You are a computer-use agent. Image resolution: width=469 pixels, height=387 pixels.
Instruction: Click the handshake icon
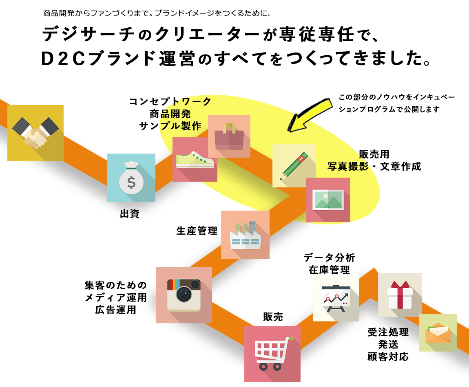tap(35, 133)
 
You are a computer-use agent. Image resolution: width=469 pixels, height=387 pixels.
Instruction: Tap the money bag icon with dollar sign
tap(131, 178)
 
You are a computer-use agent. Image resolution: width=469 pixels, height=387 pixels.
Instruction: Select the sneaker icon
tap(195, 159)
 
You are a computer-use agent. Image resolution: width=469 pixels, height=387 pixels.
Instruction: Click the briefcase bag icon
tap(229, 136)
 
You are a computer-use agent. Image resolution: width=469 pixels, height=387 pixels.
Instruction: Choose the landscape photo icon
tap(328, 200)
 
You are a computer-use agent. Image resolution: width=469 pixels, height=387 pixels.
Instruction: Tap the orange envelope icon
tap(438, 333)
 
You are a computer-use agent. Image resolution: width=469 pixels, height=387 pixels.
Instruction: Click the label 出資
tap(130, 213)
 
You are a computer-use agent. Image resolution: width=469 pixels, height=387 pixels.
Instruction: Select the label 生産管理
tap(197, 231)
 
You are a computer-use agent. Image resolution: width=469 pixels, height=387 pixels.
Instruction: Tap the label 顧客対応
tap(387, 357)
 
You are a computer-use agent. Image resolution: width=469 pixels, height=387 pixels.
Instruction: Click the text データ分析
tap(329, 257)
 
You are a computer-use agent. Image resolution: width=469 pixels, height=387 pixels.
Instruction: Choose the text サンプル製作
tap(170, 126)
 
